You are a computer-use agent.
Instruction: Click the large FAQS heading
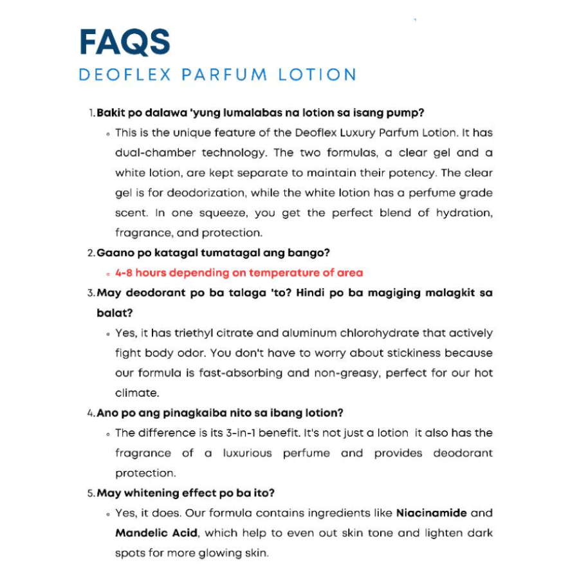pyautogui.click(x=125, y=42)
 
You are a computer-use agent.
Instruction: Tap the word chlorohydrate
pyautogui.click(x=371, y=333)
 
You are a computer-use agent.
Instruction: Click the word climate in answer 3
pyautogui.click(x=136, y=393)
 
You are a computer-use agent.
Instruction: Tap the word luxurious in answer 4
pyautogui.click(x=247, y=453)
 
